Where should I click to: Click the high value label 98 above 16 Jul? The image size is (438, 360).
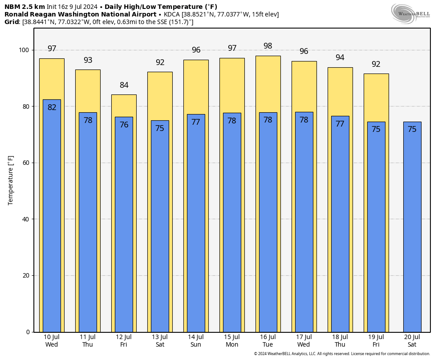point(268,46)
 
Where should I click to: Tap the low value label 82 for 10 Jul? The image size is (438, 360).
point(52,107)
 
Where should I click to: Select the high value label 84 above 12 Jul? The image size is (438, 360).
point(124,85)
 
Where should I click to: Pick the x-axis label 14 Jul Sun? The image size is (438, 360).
point(195,341)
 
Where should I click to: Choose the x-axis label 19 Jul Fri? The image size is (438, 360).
point(376,341)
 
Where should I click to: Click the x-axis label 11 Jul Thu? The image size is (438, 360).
point(88,341)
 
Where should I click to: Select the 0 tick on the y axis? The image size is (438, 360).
point(28,332)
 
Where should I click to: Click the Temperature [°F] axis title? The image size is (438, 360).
point(11,180)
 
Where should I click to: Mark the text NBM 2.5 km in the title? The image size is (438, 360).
point(24,7)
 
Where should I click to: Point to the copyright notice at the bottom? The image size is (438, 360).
point(342,354)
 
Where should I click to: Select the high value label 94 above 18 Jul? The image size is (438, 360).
point(340,58)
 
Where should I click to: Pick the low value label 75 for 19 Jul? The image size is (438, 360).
point(376,130)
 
